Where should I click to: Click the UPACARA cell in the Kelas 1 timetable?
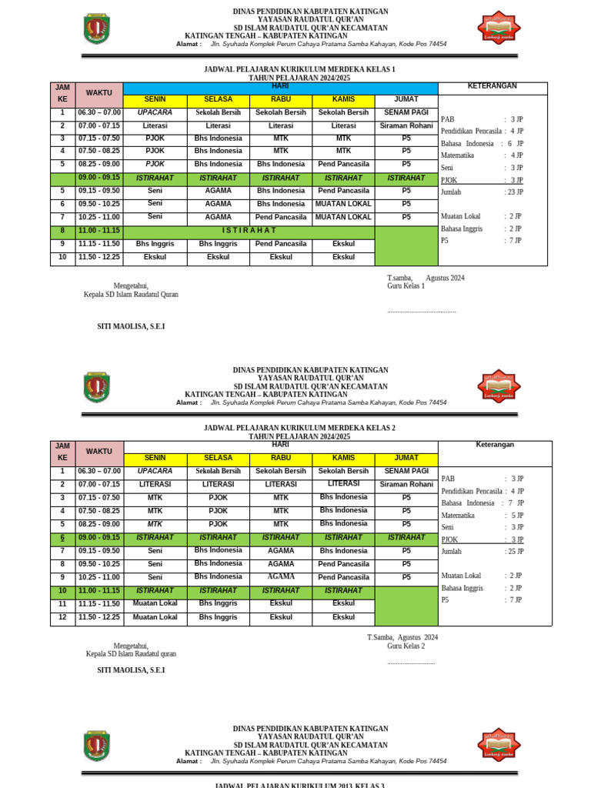tap(155, 112)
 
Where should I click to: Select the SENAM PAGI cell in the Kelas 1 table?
tap(406, 112)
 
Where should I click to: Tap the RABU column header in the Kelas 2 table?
tap(281, 458)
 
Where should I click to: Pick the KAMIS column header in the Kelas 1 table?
tap(343, 99)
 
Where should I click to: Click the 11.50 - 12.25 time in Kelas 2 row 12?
tap(98, 617)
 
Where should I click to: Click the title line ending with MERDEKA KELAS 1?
tap(299, 69)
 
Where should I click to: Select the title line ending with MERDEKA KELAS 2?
tap(299, 428)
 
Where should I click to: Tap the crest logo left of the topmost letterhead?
tap(96, 28)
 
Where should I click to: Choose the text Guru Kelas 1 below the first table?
tap(406, 286)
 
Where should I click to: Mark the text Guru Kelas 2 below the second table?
tap(406, 646)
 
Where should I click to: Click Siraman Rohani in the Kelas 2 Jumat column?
tap(406, 484)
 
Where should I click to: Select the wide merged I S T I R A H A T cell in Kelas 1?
tap(249, 230)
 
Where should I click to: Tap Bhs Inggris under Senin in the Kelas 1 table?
tap(155, 243)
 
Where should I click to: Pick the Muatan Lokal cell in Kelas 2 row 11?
tap(155, 603)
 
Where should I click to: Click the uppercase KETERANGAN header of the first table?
tap(492, 86)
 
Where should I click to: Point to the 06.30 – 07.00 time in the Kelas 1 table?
tap(98, 112)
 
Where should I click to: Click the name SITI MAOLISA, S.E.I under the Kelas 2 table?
tap(131, 670)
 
